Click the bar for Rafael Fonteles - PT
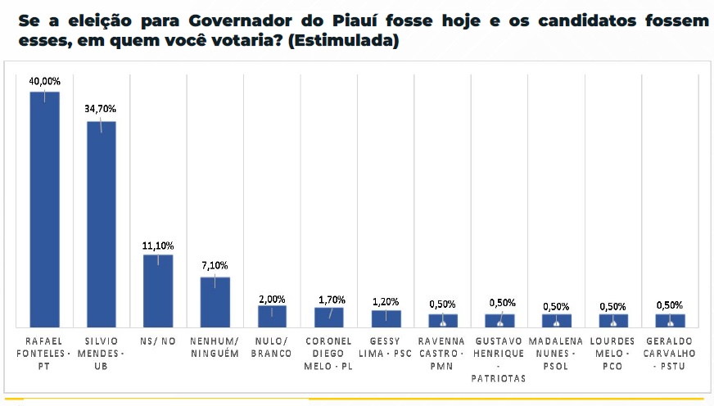[x=44, y=209]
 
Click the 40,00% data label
[x=44, y=82]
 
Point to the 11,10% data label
[x=158, y=245]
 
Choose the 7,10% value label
[x=215, y=265]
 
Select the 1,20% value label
[x=386, y=301]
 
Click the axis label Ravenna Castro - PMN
[x=442, y=353]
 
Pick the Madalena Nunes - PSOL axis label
[x=556, y=353]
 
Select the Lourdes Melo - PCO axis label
[x=612, y=353]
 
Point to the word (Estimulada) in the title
[x=350, y=41]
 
